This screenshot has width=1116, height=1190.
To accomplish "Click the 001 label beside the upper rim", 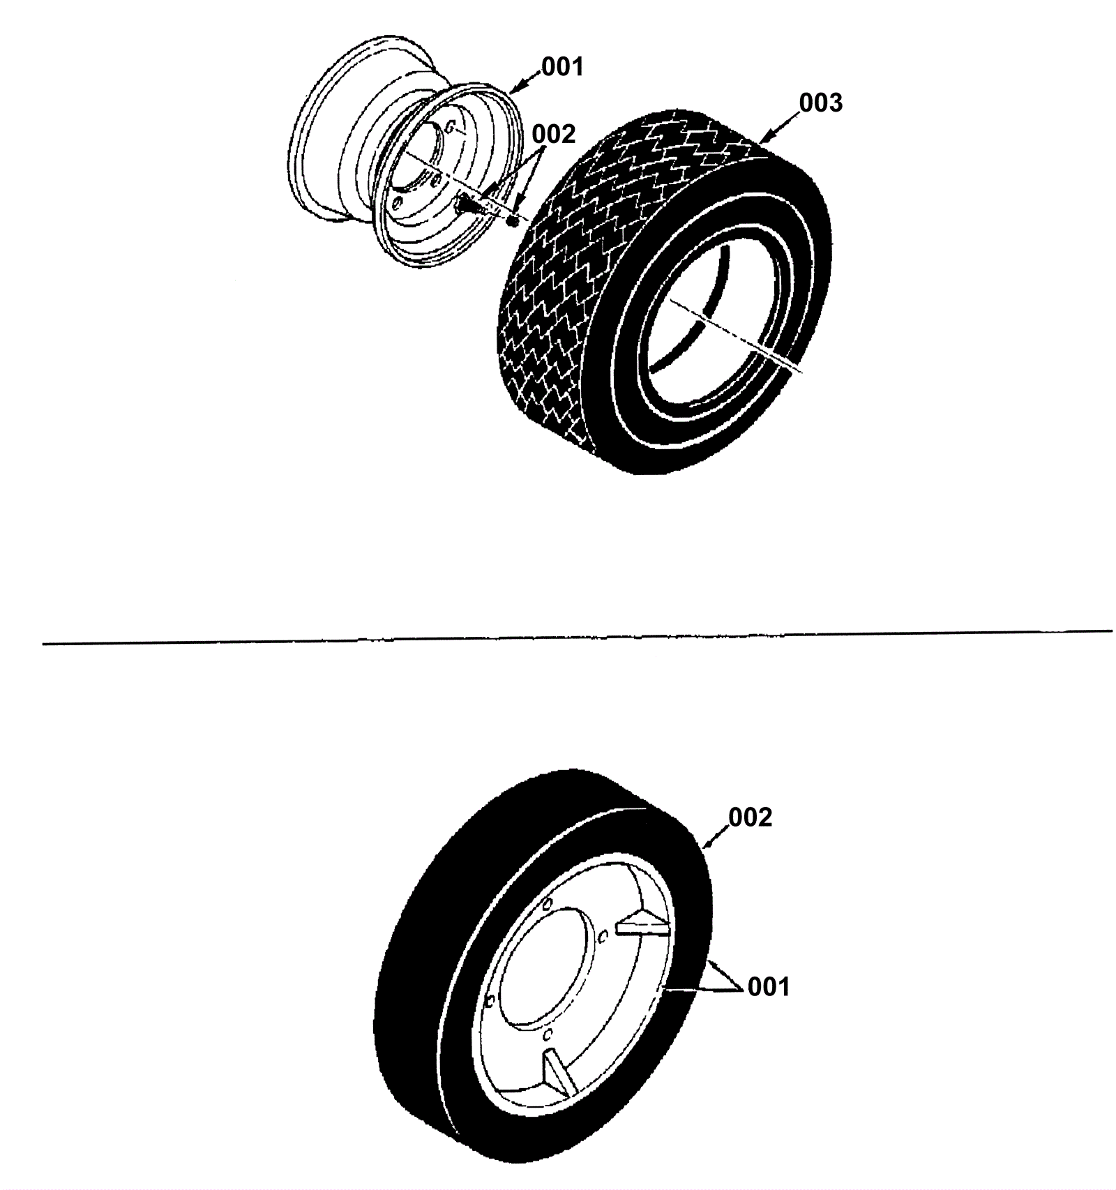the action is coord(563,67).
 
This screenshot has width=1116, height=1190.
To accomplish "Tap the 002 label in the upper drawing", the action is coord(554,134).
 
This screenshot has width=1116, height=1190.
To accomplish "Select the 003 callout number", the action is coord(821,103).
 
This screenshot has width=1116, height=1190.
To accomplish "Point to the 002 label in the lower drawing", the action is coord(751,817).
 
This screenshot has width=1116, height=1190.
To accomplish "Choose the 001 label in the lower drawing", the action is coord(769,987).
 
